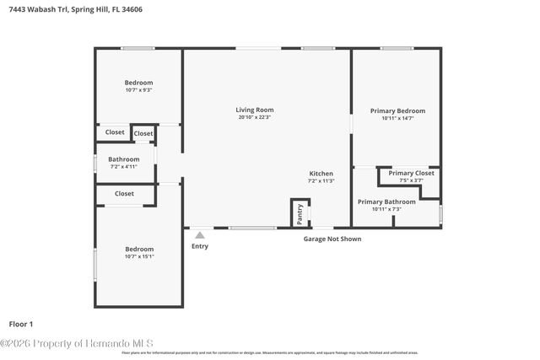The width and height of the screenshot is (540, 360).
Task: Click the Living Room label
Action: point(254,110)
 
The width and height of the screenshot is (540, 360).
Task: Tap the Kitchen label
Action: point(321,174)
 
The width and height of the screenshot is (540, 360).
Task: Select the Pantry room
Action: point(300,213)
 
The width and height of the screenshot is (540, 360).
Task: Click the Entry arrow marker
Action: point(200,235)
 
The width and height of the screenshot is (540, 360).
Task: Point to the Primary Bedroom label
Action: point(397,110)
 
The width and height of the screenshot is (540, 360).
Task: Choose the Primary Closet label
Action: point(411,173)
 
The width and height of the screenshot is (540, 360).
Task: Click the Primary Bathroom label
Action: point(386,201)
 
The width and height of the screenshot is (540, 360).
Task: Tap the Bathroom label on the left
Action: point(123,159)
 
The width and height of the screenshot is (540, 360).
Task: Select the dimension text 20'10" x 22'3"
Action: point(254,117)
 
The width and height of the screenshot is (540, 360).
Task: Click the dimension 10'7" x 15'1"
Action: point(139,257)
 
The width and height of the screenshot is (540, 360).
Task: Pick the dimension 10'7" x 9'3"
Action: point(139,90)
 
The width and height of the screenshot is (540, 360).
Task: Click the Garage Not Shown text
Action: point(332,239)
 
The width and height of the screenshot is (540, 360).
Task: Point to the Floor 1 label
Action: point(21,324)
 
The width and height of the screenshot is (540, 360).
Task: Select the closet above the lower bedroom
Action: point(124,194)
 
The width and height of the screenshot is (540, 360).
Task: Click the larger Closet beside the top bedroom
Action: point(115,132)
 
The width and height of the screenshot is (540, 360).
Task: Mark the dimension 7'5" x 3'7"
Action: point(411,180)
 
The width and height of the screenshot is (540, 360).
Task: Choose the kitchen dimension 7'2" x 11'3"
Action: point(321,181)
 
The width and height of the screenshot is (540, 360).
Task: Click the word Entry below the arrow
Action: point(200,246)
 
